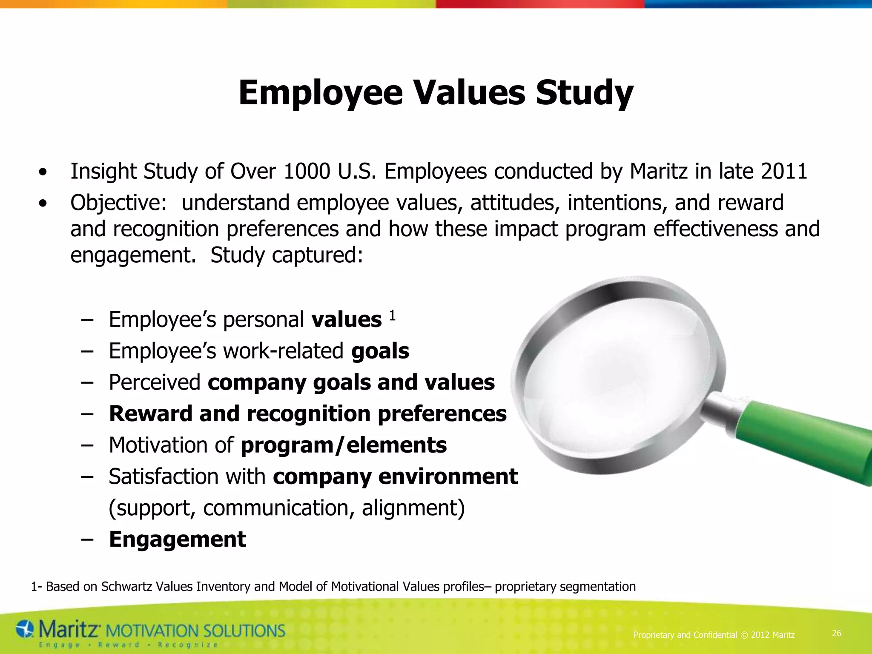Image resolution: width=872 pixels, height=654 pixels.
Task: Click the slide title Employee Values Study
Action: (436, 93)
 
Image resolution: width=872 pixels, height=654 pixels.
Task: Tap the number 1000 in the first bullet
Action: (307, 172)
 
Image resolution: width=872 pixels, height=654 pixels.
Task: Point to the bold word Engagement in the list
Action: (178, 539)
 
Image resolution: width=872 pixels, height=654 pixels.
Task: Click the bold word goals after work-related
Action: (380, 351)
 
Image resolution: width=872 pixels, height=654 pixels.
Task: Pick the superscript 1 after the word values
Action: (392, 316)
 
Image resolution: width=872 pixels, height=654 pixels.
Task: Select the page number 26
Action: (837, 633)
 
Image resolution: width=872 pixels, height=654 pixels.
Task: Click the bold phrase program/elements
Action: (344, 445)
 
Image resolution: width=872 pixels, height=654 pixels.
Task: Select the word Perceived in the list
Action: (155, 382)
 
